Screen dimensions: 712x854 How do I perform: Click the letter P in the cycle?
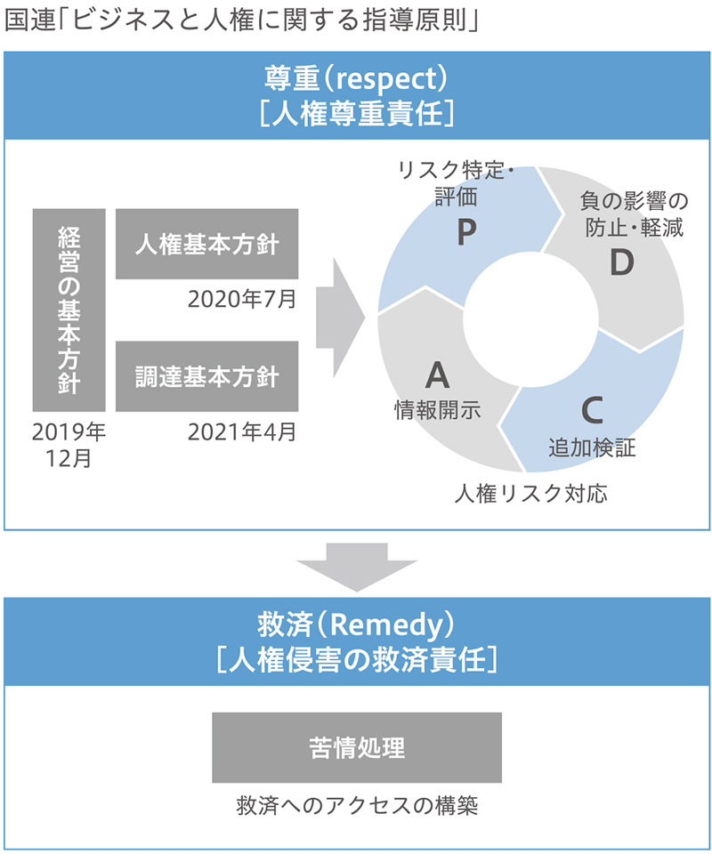[465, 232]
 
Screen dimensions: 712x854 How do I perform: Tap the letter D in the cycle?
[621, 262]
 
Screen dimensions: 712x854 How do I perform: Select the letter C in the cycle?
[592, 410]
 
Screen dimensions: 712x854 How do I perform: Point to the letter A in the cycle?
[438, 375]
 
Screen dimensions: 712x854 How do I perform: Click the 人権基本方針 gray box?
[207, 244]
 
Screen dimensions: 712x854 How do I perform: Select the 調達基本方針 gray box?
[207, 376]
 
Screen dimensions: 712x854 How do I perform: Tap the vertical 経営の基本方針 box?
[69, 310]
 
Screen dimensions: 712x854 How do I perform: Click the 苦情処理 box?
[357, 747]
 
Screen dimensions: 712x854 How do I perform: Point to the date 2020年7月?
[242, 299]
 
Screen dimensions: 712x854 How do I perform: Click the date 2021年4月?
[242, 432]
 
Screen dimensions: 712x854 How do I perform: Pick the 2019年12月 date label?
[69, 445]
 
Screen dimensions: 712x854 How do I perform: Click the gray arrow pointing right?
[340, 318]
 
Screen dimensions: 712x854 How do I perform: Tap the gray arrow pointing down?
[357, 567]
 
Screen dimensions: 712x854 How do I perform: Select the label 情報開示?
[438, 409]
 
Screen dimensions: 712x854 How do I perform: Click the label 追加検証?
[592, 447]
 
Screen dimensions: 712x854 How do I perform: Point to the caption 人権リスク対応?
[531, 494]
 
